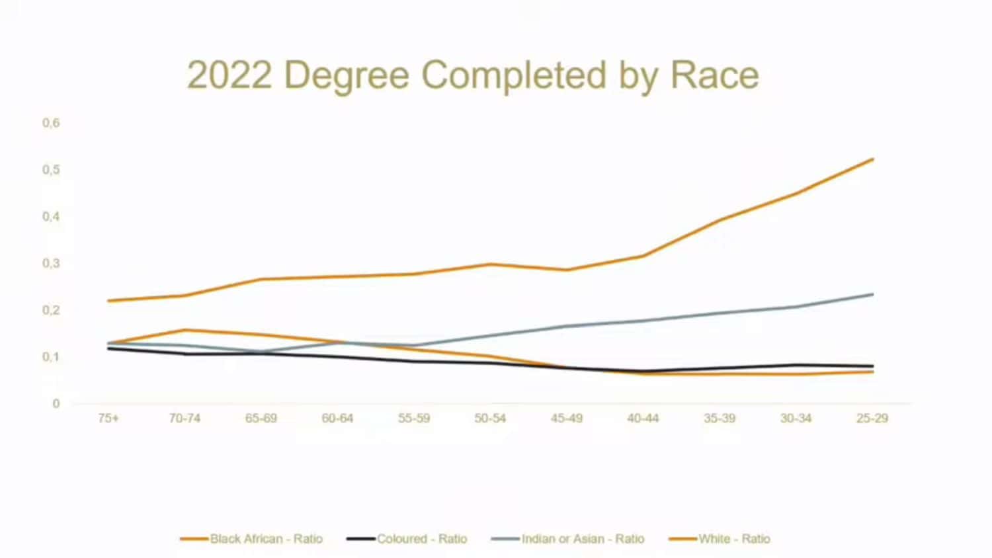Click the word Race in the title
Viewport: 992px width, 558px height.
point(714,75)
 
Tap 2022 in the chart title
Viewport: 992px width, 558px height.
point(229,75)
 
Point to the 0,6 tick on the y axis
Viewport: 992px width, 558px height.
point(51,123)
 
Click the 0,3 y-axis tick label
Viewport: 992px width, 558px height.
point(51,263)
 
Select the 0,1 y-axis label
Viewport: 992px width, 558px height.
point(51,357)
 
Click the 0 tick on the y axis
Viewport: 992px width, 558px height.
point(56,403)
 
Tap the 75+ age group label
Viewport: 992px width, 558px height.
point(108,418)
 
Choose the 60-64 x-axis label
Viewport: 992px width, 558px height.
point(337,418)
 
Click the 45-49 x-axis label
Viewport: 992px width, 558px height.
point(567,418)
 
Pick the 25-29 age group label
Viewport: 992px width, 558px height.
point(872,418)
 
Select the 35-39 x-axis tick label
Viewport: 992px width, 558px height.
point(720,418)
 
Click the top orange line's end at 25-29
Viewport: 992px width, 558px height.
point(873,159)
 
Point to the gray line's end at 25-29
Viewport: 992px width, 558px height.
point(873,294)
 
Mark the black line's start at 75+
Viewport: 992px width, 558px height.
point(108,348)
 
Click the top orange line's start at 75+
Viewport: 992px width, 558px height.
point(108,301)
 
